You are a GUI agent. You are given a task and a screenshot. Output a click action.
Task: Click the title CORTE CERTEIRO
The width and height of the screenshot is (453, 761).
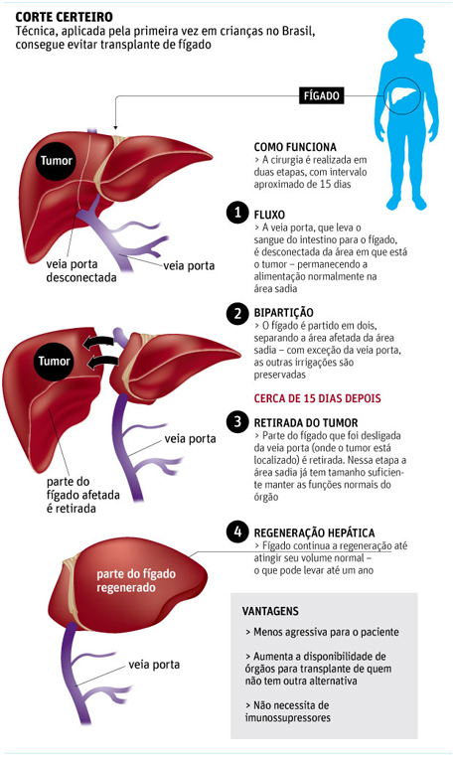click(65, 18)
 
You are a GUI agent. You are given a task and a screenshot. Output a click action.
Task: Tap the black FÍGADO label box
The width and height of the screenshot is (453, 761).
click(321, 95)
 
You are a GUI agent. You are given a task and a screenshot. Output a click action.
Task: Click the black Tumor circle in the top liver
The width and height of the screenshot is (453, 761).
click(56, 161)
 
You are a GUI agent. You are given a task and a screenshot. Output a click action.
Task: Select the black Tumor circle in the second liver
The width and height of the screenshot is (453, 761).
click(55, 361)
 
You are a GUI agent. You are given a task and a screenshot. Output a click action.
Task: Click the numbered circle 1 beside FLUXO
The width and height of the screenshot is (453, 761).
click(237, 213)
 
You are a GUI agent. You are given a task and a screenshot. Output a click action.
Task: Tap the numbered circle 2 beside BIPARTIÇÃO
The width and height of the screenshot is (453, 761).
click(237, 313)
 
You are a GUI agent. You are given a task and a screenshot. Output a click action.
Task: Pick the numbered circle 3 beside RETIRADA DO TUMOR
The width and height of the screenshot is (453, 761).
click(237, 421)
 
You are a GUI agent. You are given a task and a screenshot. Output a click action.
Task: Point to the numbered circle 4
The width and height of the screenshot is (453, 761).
click(237, 532)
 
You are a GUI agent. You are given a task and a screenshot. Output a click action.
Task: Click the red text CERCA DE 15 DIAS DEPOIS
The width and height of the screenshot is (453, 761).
click(318, 398)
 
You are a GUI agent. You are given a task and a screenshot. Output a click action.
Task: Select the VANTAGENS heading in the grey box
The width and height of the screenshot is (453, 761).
click(270, 611)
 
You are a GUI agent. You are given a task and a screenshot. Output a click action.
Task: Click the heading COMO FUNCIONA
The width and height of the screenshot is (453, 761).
click(295, 147)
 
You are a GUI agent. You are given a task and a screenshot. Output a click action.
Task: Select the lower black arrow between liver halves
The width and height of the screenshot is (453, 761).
click(104, 362)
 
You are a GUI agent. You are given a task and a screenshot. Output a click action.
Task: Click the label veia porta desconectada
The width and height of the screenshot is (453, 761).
click(81, 271)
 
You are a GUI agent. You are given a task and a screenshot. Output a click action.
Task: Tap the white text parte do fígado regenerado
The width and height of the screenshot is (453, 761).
click(136, 581)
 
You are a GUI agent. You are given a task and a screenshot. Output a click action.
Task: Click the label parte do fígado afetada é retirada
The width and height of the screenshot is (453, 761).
click(83, 495)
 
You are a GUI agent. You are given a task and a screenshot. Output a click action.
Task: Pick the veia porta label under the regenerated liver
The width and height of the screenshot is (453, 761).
click(154, 665)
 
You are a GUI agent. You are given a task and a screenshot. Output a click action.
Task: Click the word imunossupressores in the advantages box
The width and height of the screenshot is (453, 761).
click(287, 717)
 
